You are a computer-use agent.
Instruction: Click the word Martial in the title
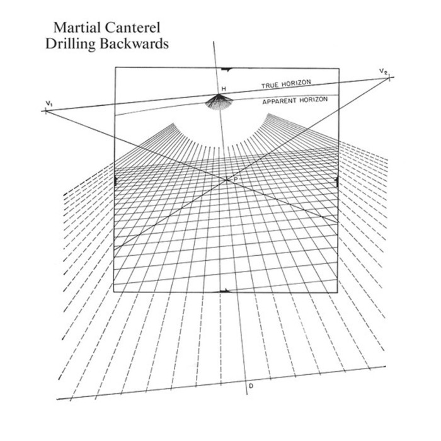(x=75, y=28)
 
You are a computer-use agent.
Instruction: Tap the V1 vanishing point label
(x=49, y=102)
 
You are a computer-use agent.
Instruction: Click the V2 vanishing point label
(x=383, y=71)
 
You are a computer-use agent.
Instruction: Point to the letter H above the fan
(x=222, y=88)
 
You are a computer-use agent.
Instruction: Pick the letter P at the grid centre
(x=235, y=181)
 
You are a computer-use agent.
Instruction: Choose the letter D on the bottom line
(x=251, y=386)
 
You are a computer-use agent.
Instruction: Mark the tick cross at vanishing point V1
(x=45, y=111)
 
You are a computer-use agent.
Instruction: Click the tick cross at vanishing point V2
(x=389, y=77)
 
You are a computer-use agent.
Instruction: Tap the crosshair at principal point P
(x=227, y=180)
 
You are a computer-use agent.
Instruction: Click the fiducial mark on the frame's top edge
(x=227, y=67)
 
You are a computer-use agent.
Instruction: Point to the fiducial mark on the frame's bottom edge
(x=224, y=291)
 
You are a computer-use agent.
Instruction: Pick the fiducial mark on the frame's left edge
(x=115, y=181)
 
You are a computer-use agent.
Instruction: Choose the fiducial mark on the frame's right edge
(x=338, y=181)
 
